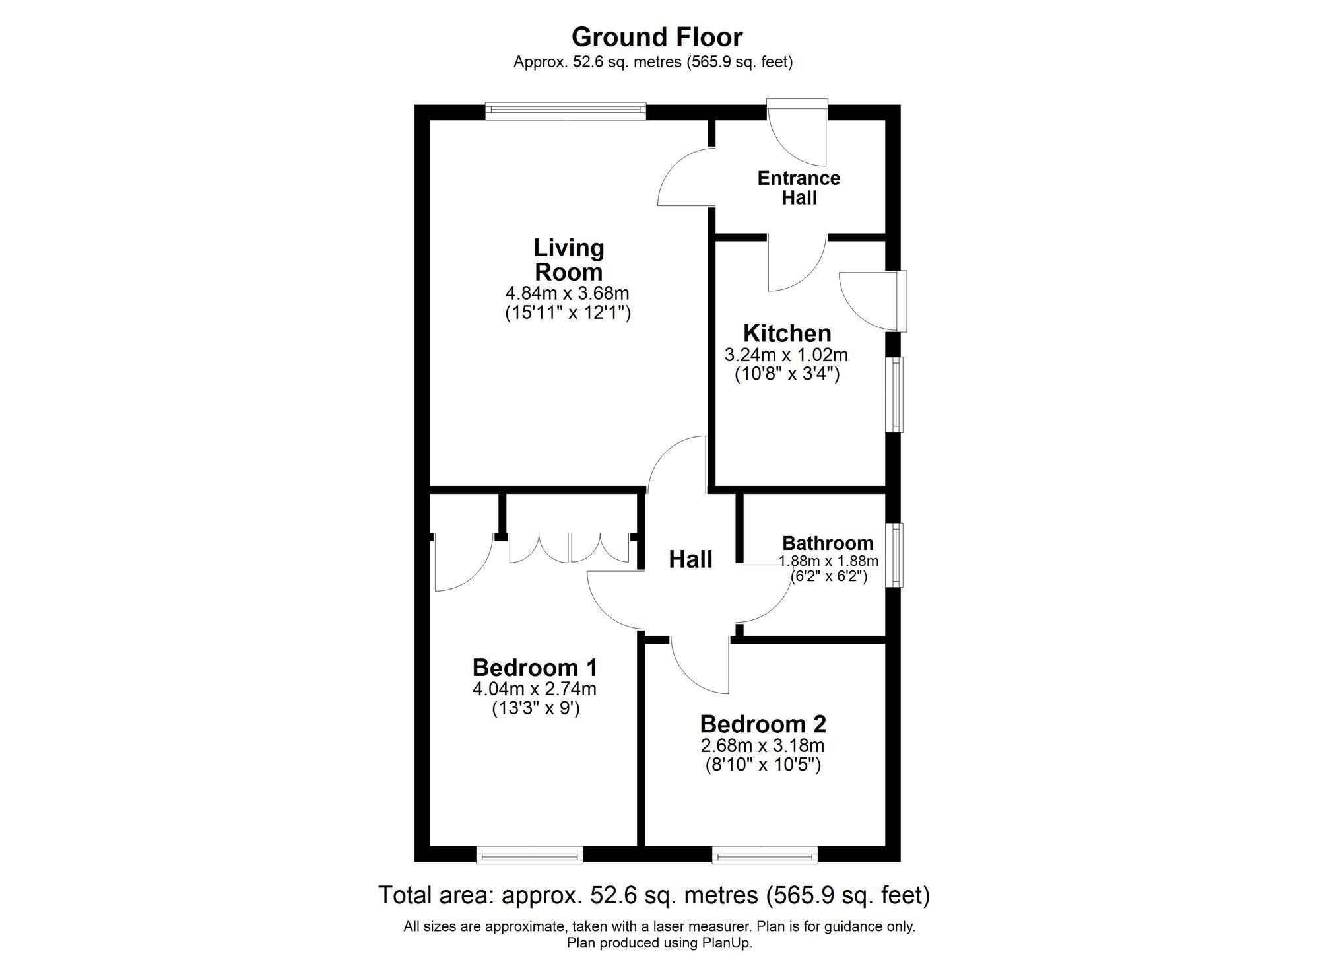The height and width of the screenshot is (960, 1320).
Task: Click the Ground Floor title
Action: click(657, 37)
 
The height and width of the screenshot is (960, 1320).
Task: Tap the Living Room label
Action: click(568, 260)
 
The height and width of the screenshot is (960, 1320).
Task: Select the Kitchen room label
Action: click(787, 333)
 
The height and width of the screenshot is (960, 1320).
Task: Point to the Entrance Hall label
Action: click(799, 188)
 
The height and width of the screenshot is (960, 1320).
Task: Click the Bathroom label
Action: click(828, 543)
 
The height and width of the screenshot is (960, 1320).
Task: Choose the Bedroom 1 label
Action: click(535, 668)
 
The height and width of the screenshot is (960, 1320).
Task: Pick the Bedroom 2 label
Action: click(762, 724)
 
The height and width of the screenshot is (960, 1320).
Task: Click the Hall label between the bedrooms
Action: click(690, 560)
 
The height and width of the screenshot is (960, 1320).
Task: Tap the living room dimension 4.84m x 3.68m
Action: click(568, 293)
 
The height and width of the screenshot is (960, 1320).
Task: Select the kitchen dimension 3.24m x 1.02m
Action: click(786, 355)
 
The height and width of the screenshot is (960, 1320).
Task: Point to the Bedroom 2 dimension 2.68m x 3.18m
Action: click(762, 746)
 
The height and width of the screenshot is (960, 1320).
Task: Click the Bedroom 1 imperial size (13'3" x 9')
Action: click(535, 709)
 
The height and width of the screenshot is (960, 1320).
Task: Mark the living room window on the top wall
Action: click(565, 111)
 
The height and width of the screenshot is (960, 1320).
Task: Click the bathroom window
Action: click(895, 555)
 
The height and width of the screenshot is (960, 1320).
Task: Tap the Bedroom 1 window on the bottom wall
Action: click(529, 856)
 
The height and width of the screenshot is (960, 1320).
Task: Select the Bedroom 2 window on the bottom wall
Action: click(764, 856)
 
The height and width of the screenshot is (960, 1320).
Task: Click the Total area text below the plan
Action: click(653, 895)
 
